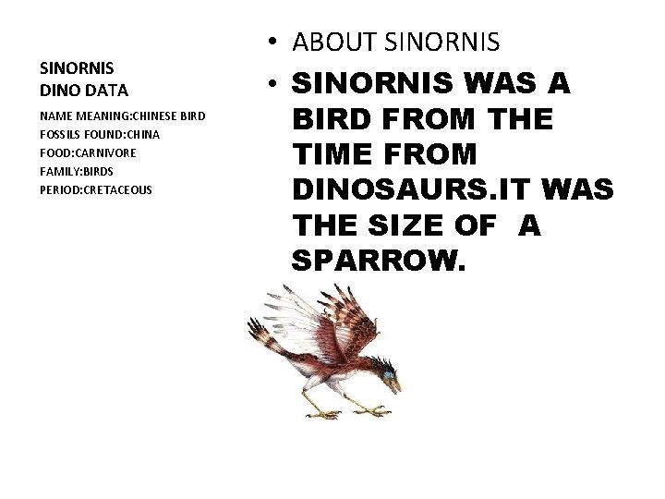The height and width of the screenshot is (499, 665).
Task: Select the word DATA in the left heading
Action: [x=107, y=91]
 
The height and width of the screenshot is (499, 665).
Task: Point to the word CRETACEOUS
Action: [x=117, y=189]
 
